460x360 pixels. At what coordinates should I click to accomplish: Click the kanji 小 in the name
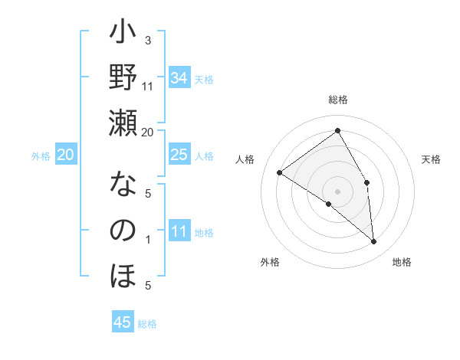(x=123, y=34)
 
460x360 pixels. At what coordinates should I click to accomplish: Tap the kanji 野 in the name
(x=123, y=79)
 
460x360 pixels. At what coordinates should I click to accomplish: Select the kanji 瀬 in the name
(x=123, y=123)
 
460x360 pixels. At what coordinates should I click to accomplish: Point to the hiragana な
(x=123, y=186)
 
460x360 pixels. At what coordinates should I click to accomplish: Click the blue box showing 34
(x=179, y=78)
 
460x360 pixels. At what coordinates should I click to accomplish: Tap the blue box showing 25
(x=179, y=155)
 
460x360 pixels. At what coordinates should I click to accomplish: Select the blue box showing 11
(x=179, y=231)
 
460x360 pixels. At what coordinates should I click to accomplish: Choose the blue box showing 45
(x=123, y=322)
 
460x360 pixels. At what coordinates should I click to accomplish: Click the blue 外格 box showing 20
(x=66, y=155)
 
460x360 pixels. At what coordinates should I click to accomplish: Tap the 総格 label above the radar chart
(x=338, y=100)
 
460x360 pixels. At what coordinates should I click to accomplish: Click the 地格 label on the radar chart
(x=402, y=262)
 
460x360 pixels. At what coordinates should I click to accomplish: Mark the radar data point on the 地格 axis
(x=373, y=242)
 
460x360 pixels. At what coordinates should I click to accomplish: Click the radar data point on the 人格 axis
(x=280, y=172)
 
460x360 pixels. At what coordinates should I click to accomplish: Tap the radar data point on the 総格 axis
(x=337, y=130)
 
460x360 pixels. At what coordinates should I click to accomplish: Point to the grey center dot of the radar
(x=337, y=191)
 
